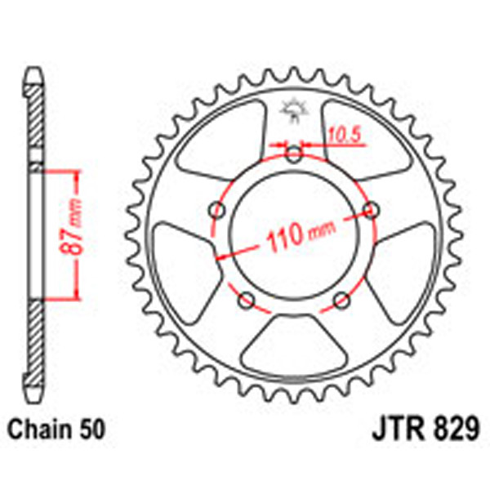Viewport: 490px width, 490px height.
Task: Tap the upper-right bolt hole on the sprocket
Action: [371, 210]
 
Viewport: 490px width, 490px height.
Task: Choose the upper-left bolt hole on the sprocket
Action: [217, 210]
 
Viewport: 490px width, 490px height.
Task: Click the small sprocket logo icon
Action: [292, 109]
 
